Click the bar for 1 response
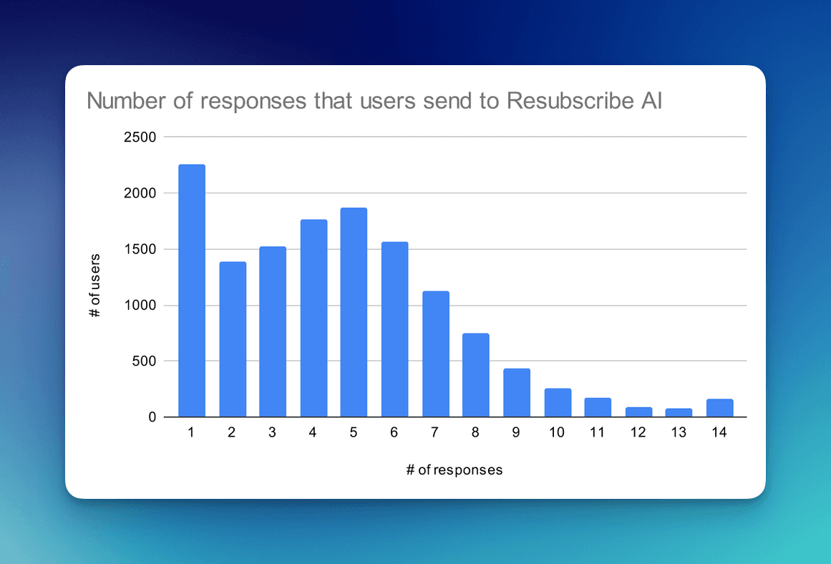point(192,291)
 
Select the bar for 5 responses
point(354,312)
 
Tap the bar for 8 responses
point(476,375)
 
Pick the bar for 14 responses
point(720,408)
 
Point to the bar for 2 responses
point(233,339)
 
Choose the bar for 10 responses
point(558,402)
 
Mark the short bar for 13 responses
point(679,412)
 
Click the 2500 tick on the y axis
point(140,137)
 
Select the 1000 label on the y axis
point(140,306)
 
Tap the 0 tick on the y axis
point(152,417)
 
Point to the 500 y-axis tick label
point(143,361)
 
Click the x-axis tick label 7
point(435,433)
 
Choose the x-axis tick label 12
point(638,433)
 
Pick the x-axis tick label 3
point(273,433)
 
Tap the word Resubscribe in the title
point(568,101)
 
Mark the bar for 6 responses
point(394,329)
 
